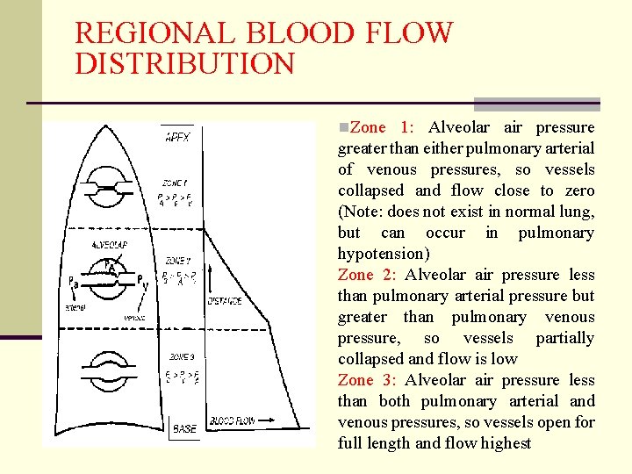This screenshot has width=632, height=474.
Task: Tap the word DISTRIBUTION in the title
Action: point(185,64)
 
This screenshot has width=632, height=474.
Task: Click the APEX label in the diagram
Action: point(183,137)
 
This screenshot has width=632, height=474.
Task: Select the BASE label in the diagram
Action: point(184,428)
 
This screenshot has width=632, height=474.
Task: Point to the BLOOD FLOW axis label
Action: point(232,421)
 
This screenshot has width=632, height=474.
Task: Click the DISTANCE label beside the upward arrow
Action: point(226,301)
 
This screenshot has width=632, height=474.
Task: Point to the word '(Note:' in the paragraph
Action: point(361,212)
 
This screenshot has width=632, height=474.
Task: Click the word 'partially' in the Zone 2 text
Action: point(564,338)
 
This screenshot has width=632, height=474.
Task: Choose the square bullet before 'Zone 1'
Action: point(343,128)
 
